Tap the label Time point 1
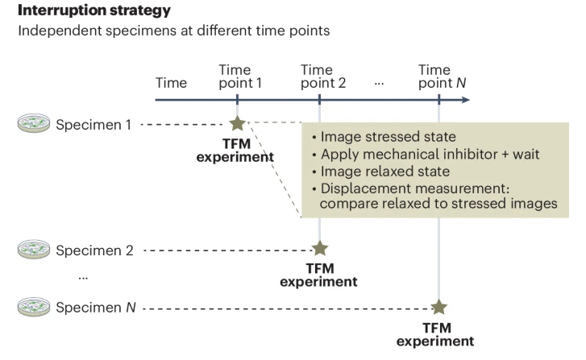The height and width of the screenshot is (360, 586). [x=236, y=76]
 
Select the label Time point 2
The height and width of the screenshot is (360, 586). [x=322, y=76]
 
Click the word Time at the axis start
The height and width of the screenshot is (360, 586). [x=171, y=82]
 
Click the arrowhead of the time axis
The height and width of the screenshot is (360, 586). [x=465, y=100]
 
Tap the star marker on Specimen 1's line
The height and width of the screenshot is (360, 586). [x=237, y=124]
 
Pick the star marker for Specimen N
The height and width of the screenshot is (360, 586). [x=438, y=307]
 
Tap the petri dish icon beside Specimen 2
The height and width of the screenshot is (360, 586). [x=33, y=249]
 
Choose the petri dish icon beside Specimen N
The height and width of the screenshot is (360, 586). [x=33, y=307]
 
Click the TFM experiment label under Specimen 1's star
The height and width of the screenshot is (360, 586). [x=235, y=151]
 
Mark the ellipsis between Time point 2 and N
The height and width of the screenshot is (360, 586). [x=380, y=83]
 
